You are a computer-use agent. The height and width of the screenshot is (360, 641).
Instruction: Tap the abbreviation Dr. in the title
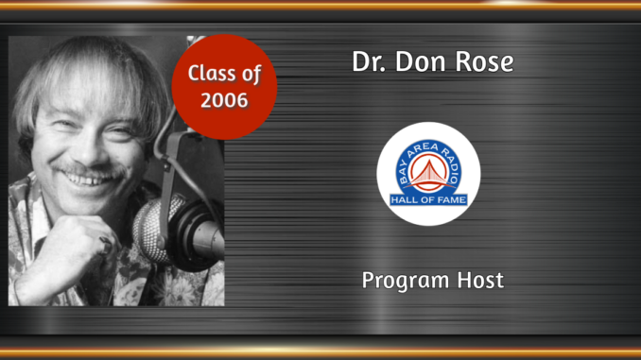click(x=370, y=63)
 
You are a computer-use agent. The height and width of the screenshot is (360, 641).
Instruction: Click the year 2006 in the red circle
click(x=224, y=98)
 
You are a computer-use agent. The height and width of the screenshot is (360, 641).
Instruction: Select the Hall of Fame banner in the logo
click(x=427, y=199)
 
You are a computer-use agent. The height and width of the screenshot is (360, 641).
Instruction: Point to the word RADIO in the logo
click(x=453, y=161)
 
